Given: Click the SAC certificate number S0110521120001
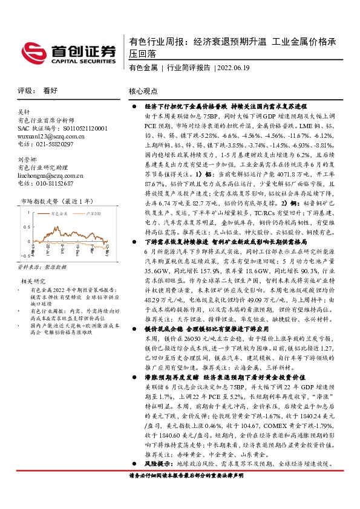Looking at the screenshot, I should (x=78, y=129).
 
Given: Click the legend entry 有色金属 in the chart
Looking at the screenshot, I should (x=59, y=213).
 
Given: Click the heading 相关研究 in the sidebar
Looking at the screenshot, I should (x=33, y=282).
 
